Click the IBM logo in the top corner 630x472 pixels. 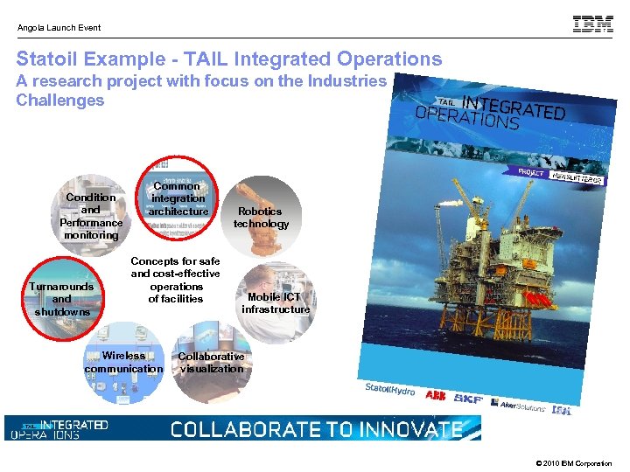click(x=592, y=24)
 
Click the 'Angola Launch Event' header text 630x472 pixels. click(x=59, y=27)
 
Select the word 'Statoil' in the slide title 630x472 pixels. click(x=49, y=59)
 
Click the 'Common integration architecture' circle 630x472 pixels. click(x=178, y=199)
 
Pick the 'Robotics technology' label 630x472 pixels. click(x=260, y=218)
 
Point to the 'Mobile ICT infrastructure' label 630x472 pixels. click(x=275, y=302)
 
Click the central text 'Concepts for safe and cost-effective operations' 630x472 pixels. click(x=176, y=280)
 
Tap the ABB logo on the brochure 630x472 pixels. click(x=435, y=396)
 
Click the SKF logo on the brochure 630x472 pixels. click(x=467, y=399)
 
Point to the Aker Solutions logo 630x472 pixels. click(x=517, y=405)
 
